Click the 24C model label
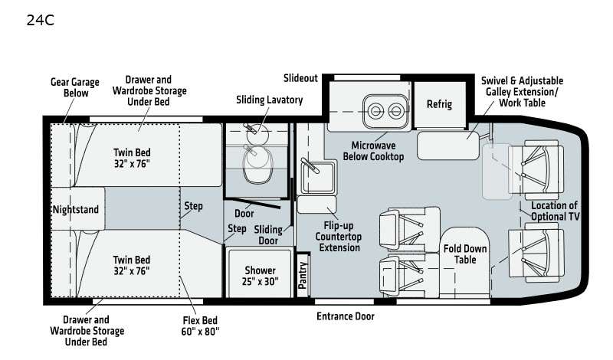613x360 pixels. click(41, 21)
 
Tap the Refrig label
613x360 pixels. click(439, 104)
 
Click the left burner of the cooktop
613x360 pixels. click(375, 111)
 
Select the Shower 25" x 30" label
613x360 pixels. click(260, 276)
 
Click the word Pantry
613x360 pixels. click(303, 275)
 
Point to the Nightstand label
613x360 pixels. click(76, 210)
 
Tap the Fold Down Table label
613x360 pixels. click(465, 254)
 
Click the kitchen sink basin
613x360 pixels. click(318, 177)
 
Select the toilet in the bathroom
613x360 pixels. click(257, 164)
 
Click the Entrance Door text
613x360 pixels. click(346, 316)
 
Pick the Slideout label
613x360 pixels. click(300, 78)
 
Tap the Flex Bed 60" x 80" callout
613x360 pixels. click(200, 326)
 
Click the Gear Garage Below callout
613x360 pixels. click(75, 87)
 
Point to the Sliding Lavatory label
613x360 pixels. click(270, 100)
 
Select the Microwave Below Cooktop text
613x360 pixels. click(373, 151)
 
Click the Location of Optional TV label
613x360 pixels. click(555, 211)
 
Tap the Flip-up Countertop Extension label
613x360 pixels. click(339, 237)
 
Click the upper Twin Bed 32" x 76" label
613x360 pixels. click(132, 158)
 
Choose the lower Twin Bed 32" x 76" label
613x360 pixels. click(132, 265)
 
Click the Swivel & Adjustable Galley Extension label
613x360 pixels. click(522, 92)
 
